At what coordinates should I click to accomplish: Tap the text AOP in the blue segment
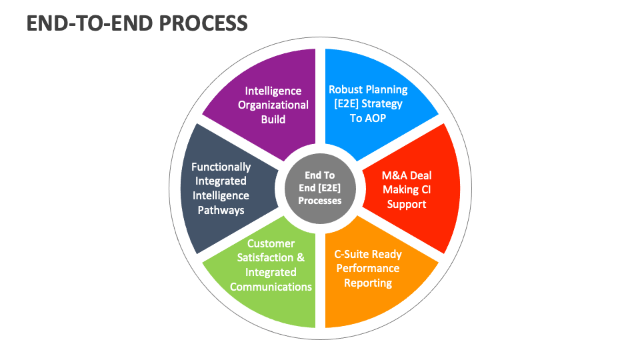pyautogui.click(x=376, y=119)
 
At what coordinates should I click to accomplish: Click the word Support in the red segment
pyautogui.click(x=407, y=204)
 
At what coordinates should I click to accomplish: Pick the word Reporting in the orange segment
pyautogui.click(x=368, y=283)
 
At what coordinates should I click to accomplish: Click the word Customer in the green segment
pyautogui.click(x=271, y=243)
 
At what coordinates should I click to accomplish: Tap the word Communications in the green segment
pyautogui.click(x=271, y=287)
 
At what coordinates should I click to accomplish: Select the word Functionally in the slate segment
pyautogui.click(x=221, y=167)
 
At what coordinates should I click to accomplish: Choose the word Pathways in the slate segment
pyautogui.click(x=221, y=210)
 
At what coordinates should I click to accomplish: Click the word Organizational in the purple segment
pyautogui.click(x=273, y=105)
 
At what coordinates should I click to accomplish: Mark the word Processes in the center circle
pyautogui.click(x=320, y=201)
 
